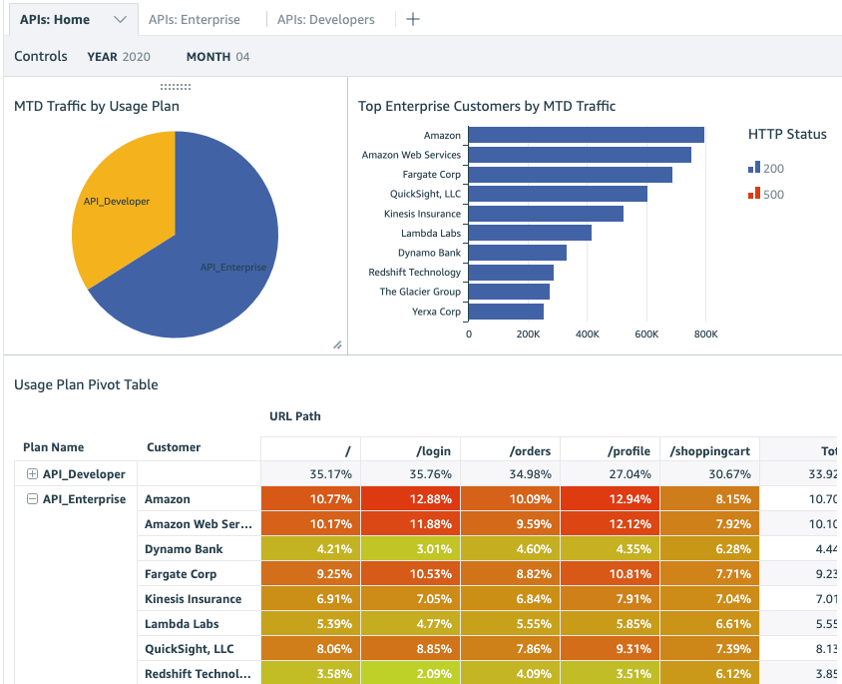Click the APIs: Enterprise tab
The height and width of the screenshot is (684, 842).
[194, 19]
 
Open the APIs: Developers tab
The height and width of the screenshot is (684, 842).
[325, 19]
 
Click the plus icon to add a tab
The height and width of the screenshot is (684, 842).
[413, 19]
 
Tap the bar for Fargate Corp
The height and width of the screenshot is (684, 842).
[570, 175]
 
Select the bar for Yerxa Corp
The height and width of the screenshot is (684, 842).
[506, 312]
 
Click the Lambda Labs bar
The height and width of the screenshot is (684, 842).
[530, 233]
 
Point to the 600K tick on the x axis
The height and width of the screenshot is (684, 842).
[646, 334]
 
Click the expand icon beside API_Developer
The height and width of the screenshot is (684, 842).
[32, 474]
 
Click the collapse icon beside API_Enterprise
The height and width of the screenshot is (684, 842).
[32, 499]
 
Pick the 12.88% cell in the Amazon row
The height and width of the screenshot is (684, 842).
[410, 499]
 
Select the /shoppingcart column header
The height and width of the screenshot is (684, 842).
[709, 451]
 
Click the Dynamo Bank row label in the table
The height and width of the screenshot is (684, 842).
[184, 549]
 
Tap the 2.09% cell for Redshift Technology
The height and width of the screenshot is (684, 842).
[410, 674]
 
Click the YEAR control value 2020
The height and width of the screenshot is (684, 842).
[136, 57]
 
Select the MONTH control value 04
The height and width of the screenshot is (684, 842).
[242, 57]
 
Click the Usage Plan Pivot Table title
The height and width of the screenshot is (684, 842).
[86, 384]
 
